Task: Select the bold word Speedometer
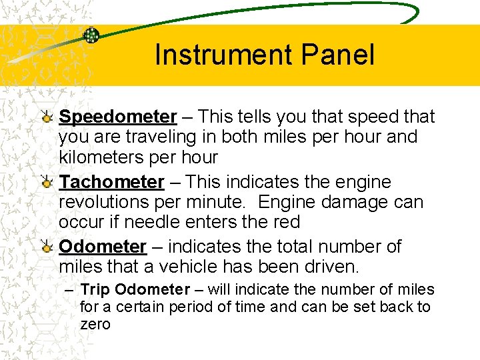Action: coord(117,117)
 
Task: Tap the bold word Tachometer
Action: coord(111,182)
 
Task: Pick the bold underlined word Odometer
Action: coord(102,247)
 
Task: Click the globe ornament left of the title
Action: coord(91,35)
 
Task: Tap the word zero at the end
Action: coord(95,325)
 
